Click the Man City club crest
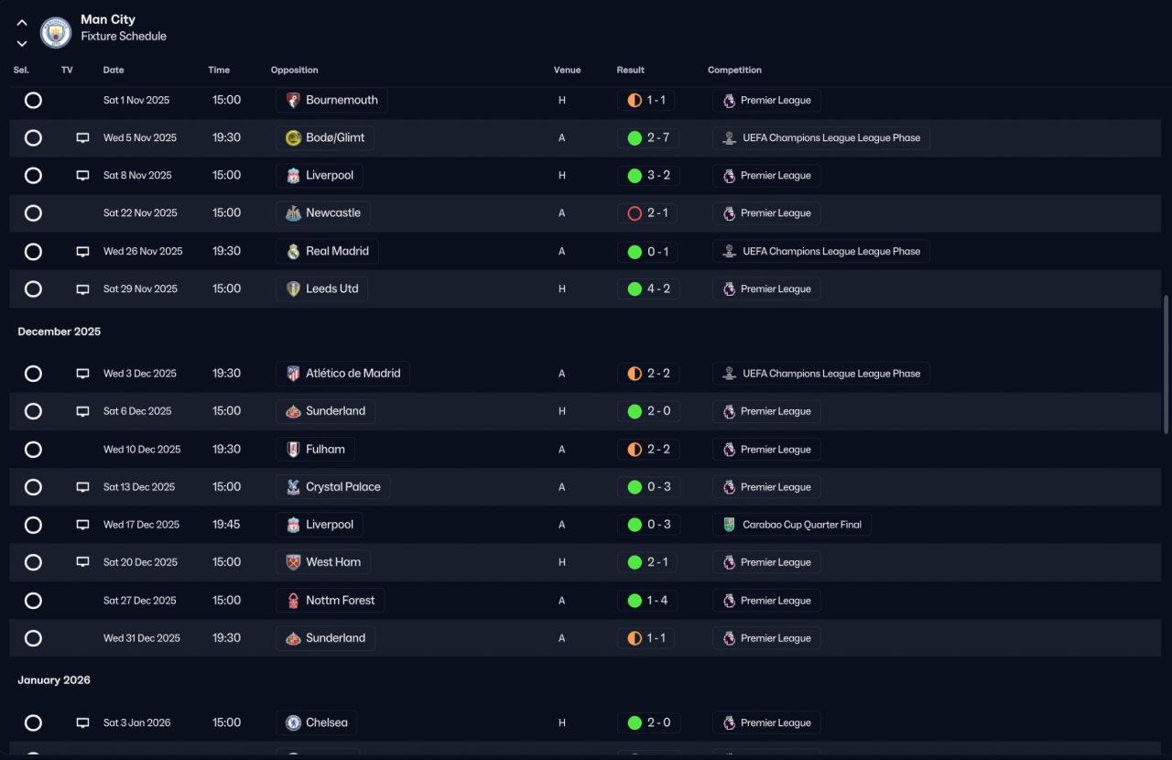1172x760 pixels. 56,33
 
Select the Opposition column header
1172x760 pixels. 294,71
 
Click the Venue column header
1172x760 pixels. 567,71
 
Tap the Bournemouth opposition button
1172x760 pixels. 331,100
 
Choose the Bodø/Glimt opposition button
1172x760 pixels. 325,138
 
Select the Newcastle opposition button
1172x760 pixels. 323,213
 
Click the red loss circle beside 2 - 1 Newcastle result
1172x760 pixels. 635,213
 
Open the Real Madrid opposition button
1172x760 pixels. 327,252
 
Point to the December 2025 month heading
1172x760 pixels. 60,331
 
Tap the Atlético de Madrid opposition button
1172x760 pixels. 342,374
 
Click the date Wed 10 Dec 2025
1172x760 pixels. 142,450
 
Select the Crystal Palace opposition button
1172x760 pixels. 333,487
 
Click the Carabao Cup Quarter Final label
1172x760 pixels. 792,525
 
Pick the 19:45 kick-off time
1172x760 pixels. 227,525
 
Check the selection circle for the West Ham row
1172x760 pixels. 33,562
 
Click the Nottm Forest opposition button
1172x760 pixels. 331,601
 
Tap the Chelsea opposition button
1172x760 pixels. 317,722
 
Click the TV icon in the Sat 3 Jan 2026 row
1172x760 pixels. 82,722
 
